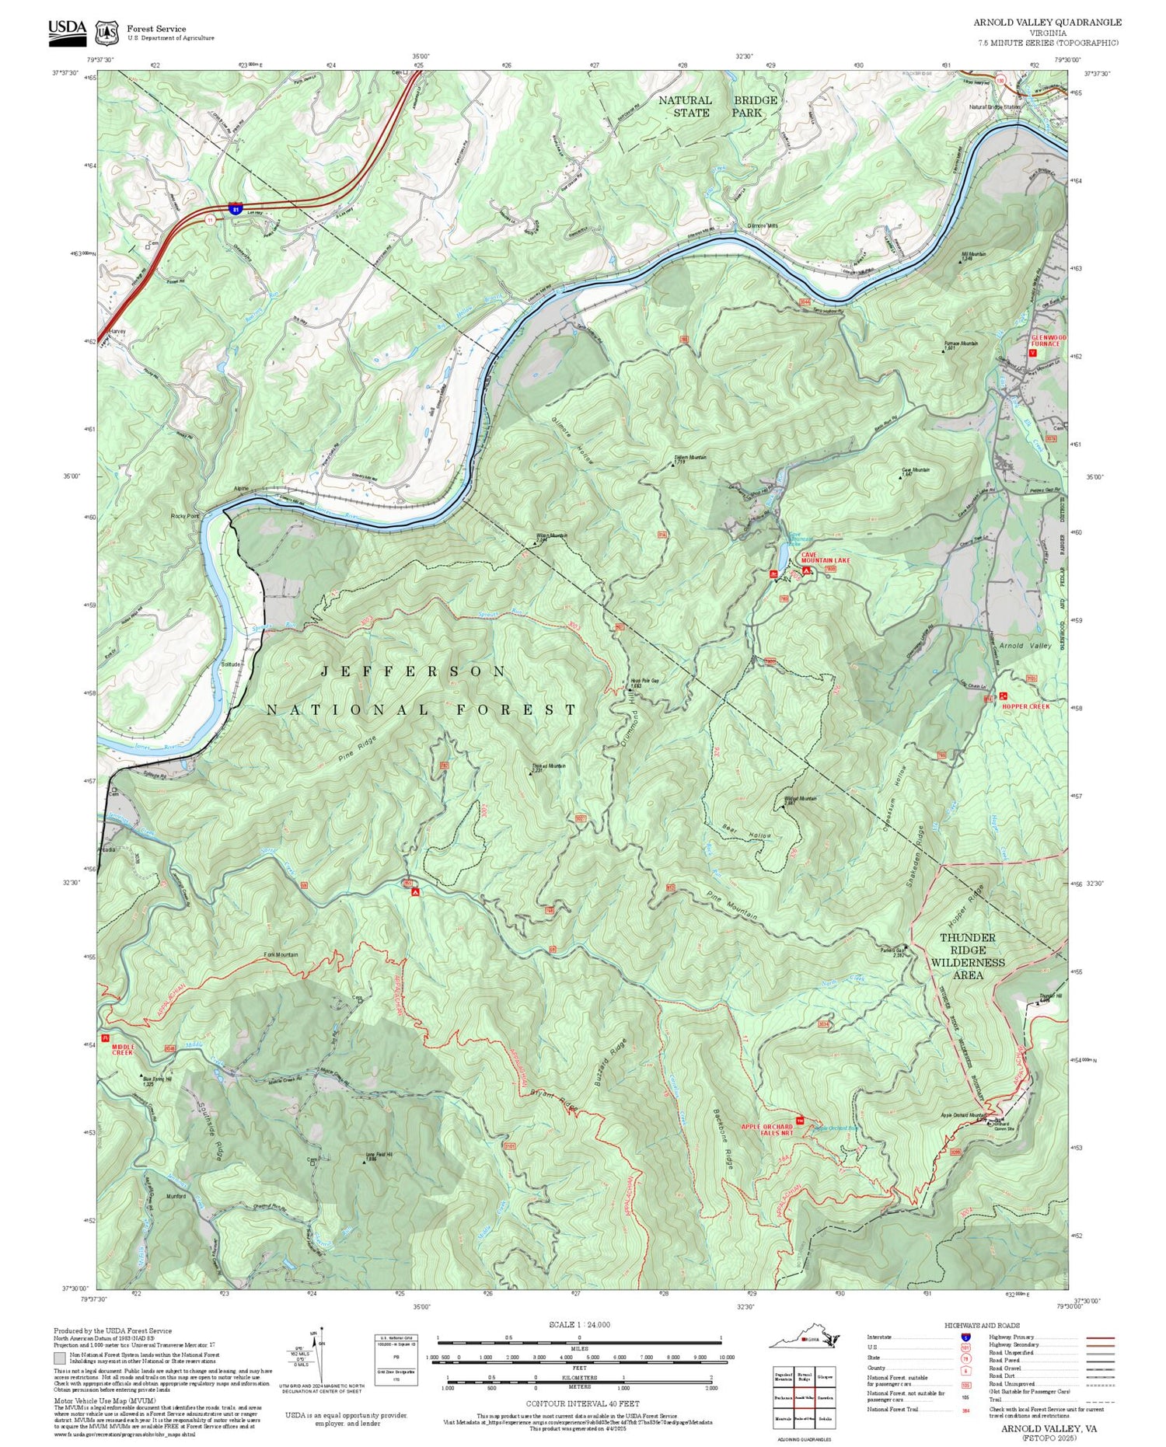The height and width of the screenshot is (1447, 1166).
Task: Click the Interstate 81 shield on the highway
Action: click(236, 209)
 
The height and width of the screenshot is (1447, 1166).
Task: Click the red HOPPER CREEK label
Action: click(1026, 706)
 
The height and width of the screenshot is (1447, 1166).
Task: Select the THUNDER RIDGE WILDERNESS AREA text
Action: click(967, 956)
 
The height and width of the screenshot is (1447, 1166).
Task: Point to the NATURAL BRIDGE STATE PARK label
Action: click(717, 106)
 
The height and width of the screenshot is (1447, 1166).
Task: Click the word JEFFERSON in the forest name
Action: click(413, 671)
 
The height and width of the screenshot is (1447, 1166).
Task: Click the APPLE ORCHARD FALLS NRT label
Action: click(766, 1129)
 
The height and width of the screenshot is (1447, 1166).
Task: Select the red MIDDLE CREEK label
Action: click(123, 1049)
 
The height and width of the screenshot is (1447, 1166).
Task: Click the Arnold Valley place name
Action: click(1025, 646)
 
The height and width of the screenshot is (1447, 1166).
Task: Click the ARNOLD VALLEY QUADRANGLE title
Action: click(1047, 23)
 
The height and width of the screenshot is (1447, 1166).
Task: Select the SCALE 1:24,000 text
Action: click(579, 1324)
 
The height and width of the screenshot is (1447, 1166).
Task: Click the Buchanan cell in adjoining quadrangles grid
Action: click(783, 1396)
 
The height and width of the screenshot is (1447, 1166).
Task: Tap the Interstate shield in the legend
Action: click(965, 1337)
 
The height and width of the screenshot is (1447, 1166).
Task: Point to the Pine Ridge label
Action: click(358, 748)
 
